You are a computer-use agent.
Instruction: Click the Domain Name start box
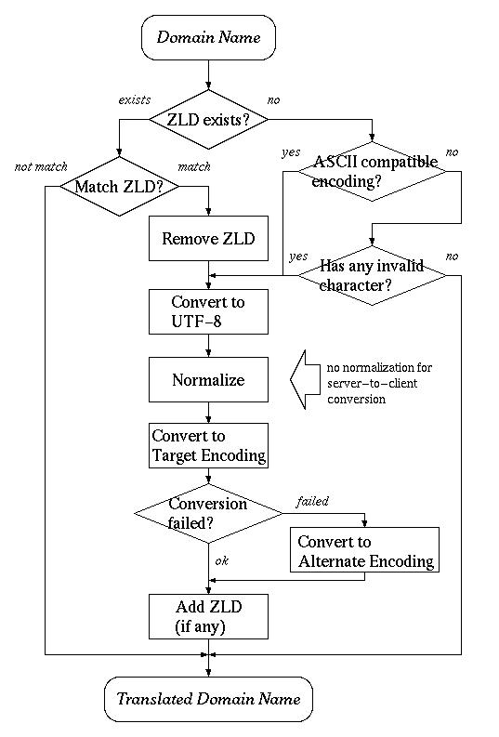[x=208, y=37]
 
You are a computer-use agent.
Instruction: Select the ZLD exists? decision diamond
[x=208, y=119]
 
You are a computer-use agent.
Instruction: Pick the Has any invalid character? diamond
[x=372, y=275]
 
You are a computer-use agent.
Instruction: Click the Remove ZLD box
[x=208, y=239]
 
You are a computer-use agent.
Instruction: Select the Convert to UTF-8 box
[x=208, y=311]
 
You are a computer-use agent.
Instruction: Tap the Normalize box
[x=208, y=380]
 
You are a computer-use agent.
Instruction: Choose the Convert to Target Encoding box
[x=208, y=446]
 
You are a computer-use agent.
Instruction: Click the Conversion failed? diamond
[x=208, y=512]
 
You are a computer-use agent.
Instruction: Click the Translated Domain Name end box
[x=208, y=699]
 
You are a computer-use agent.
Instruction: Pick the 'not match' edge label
[x=41, y=167]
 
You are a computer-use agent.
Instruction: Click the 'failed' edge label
[x=312, y=501]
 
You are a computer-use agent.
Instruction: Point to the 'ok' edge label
[x=221, y=560]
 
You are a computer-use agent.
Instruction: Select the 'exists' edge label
[x=135, y=99]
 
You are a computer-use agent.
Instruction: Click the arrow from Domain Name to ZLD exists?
[x=208, y=74]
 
